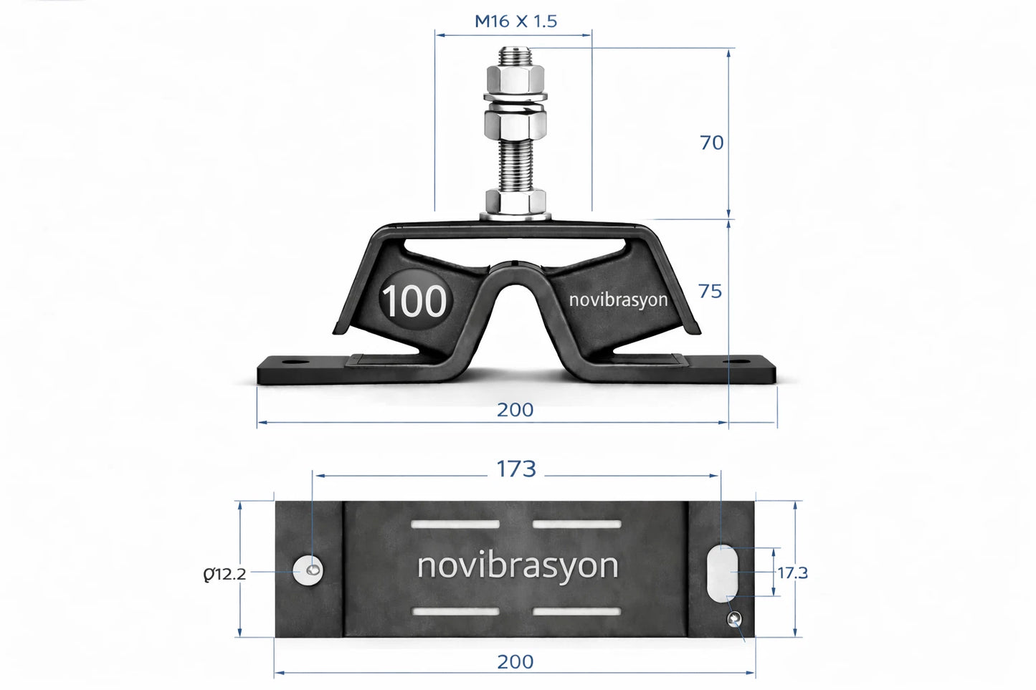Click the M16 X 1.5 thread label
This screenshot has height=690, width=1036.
[515, 21]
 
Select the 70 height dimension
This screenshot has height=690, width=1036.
[711, 143]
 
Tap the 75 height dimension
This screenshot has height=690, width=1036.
[710, 291]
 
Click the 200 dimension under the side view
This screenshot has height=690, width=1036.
[515, 409]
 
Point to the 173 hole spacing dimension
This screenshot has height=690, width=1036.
[516, 469]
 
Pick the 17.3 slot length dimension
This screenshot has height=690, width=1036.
[793, 572]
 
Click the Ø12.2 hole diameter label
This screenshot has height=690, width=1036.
[224, 573]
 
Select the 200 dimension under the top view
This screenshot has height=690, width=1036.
[515, 661]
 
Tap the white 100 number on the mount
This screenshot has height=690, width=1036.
[414, 302]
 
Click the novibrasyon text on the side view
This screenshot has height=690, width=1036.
[618, 300]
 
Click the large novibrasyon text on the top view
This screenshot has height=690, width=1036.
[517, 565]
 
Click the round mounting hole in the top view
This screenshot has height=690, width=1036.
[308, 570]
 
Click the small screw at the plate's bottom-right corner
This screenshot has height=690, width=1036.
[735, 620]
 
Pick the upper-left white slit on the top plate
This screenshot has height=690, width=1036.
[455, 524]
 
